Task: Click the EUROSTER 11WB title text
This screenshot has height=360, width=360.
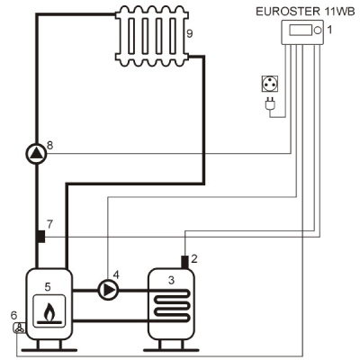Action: click(305, 12)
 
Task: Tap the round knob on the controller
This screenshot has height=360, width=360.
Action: click(317, 31)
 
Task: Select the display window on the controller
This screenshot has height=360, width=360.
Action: click(300, 31)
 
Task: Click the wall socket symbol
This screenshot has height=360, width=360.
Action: click(270, 84)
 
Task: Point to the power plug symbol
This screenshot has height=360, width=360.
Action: click(270, 103)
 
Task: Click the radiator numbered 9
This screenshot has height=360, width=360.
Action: click(152, 36)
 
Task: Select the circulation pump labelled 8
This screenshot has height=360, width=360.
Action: click(36, 154)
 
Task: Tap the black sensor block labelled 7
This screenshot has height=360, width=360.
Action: click(41, 237)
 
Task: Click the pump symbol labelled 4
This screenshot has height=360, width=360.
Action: click(108, 290)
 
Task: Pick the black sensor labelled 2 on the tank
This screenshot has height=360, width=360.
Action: click(185, 262)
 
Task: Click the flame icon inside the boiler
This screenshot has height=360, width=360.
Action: click(49, 312)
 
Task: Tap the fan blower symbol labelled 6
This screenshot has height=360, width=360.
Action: click(20, 328)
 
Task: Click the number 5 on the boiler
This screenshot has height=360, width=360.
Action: click(48, 287)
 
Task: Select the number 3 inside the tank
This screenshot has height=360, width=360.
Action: click(171, 280)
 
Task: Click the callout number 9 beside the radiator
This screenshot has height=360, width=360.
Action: click(189, 33)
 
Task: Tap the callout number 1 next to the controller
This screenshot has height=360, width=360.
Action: click(329, 30)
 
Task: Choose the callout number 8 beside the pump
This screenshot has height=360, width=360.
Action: click(50, 146)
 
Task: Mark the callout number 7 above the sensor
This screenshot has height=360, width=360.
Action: click(49, 224)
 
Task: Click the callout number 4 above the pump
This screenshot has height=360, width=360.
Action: click(116, 274)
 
